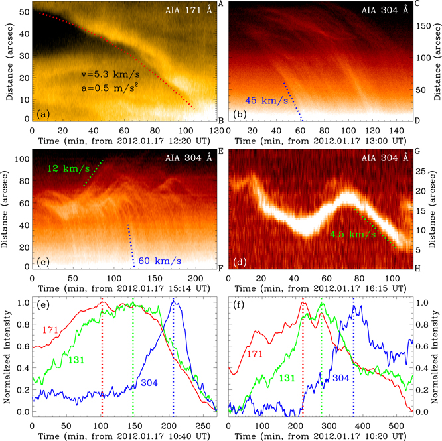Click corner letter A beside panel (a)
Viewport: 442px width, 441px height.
[x=220, y=5]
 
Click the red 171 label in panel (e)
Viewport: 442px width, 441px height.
[x=52, y=329]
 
